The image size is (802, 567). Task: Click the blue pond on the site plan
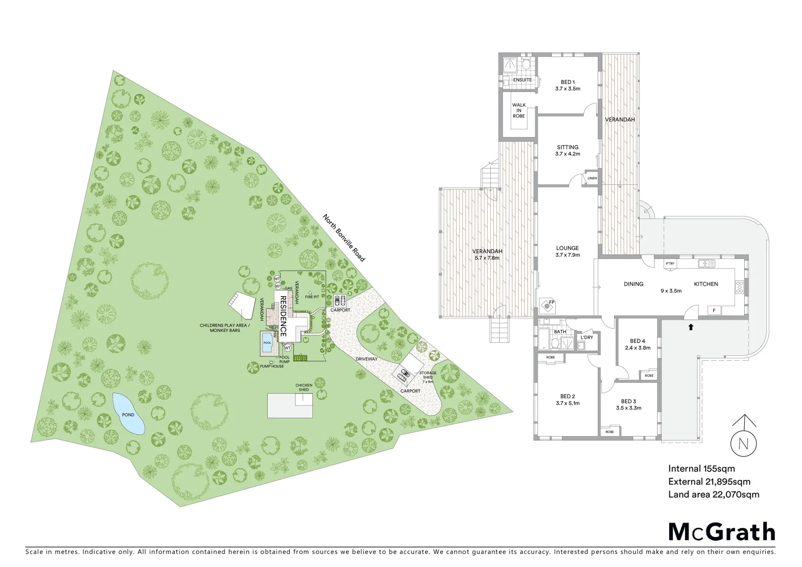click(x=128, y=414)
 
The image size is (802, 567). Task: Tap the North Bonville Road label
click(x=344, y=238)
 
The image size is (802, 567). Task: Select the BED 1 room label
click(x=567, y=82)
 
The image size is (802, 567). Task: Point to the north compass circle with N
click(x=744, y=444)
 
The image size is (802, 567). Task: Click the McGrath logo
click(x=722, y=532)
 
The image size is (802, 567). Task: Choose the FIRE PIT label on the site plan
click(x=312, y=297)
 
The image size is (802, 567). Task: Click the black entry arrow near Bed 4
click(x=691, y=327)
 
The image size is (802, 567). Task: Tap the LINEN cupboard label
click(x=592, y=178)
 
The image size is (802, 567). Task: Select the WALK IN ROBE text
click(x=519, y=110)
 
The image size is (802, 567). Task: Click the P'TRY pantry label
click(x=670, y=264)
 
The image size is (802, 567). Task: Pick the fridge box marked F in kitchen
click(x=714, y=310)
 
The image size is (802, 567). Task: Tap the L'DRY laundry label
click(x=587, y=337)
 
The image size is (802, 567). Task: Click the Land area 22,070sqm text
click(x=713, y=495)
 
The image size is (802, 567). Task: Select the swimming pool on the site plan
click(x=267, y=343)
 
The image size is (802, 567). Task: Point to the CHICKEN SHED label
click(x=304, y=387)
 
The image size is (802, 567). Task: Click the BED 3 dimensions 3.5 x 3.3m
click(x=628, y=408)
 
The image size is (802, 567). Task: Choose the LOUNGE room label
click(x=567, y=248)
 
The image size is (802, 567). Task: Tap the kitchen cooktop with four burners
click(x=740, y=287)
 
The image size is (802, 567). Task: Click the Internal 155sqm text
click(x=701, y=469)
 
